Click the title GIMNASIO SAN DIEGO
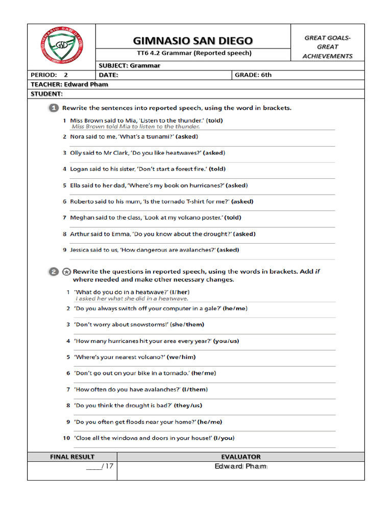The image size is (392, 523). coord(192,41)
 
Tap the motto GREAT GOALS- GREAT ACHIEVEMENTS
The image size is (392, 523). coord(327,47)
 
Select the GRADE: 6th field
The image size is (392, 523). coord(253,75)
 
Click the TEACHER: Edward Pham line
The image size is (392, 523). coord(69,84)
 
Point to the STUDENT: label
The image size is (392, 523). coord(46,94)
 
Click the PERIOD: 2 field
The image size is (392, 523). coord(50,75)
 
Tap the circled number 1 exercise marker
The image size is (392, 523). coord(54,108)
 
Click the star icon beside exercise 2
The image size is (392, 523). coord(66,272)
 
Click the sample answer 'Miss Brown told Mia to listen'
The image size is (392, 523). coord(135,127)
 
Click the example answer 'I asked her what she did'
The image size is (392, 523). coord(132,299)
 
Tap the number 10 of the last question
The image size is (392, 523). coord(66,438)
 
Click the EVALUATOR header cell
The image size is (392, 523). coord(240,457)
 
